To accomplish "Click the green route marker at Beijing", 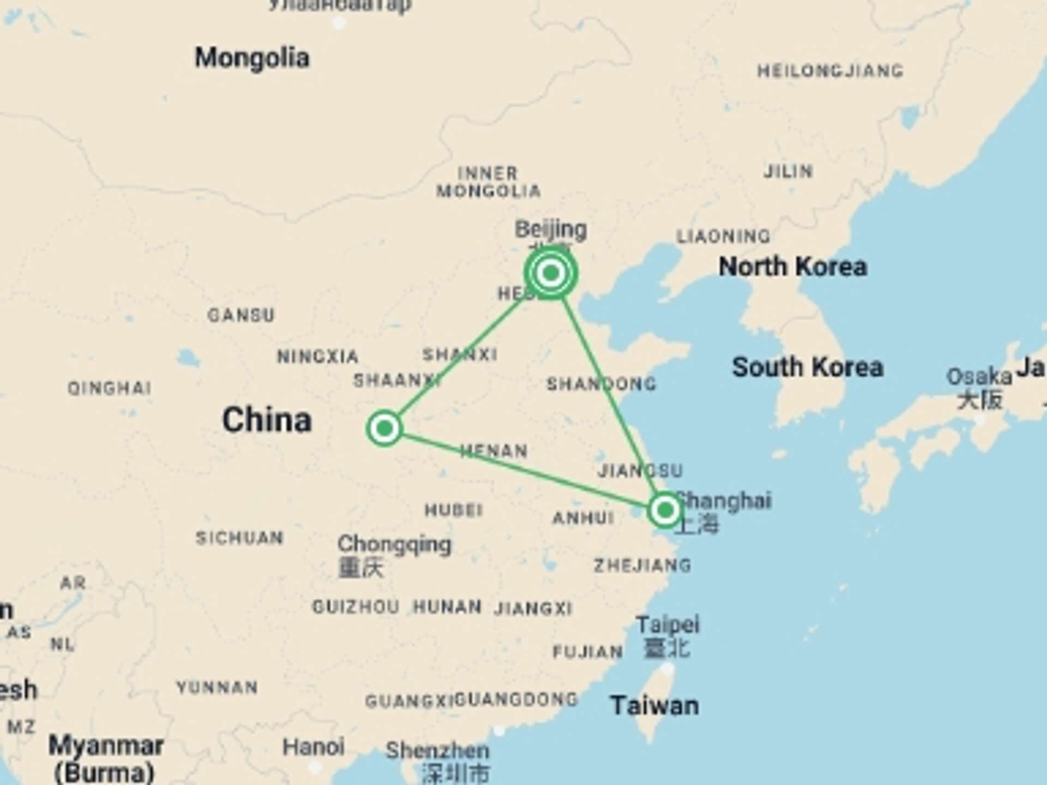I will pos(551,273).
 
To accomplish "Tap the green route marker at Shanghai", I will pos(665,510).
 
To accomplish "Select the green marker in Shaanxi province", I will pos(384,428).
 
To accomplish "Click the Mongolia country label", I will pos(252,58).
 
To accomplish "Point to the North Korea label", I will pos(792,267).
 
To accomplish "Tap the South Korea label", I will pos(807,367).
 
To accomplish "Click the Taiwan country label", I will pos(654,706).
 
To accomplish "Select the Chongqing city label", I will pos(394,544).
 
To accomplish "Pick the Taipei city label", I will pos(667,625).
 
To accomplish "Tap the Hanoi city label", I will pos(313,747).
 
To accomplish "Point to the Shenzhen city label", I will pos(437,751).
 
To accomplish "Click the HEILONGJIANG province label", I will pos(830,71).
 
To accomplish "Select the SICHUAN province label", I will pos(239,538).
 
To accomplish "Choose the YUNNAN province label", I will pos(217,687).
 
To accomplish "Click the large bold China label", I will pos(267,420).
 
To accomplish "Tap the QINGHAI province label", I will pos(109,388).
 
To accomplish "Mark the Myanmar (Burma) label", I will pos(105,758).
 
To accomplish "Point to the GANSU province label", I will pos(241,315).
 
